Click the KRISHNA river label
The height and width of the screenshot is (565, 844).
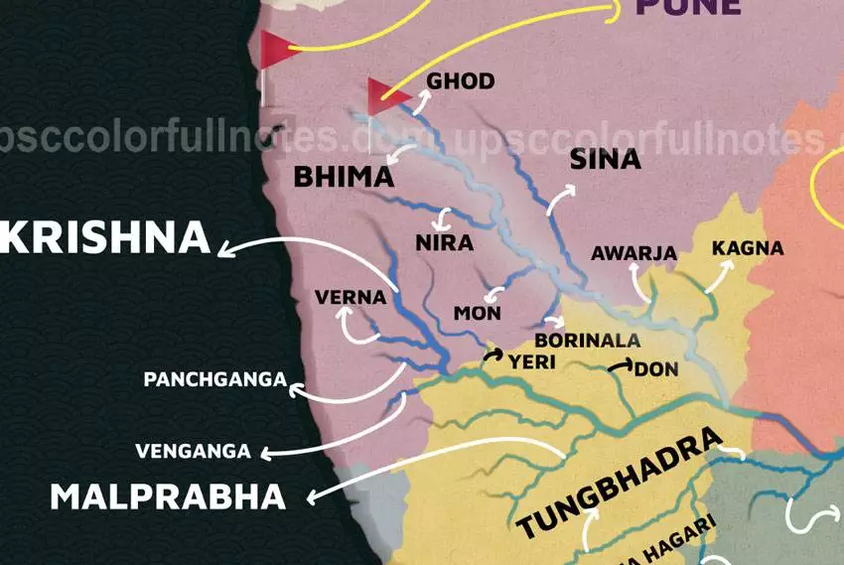pos(105,238)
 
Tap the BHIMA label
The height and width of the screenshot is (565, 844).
pos(344,178)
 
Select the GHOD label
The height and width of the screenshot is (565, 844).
pos(460,81)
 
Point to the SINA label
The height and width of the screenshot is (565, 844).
pos(605,160)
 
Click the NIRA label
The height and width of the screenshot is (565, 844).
pos(444,242)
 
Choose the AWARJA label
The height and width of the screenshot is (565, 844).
pos(633,253)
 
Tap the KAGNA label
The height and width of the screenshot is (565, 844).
pos(748,248)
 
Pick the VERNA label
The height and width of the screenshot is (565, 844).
pos(350,296)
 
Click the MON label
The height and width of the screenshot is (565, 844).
pos(477,314)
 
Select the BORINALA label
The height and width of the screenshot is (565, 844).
pos(587,341)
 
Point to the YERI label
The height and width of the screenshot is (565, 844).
pos(531,362)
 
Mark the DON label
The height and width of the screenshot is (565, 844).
pos(655,369)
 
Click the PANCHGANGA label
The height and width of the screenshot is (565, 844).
pos(215,379)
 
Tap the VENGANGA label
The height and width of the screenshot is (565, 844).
pos(193,452)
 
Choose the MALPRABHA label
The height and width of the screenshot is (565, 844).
pos(168,496)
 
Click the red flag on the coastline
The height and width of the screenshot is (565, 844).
pos(277,48)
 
